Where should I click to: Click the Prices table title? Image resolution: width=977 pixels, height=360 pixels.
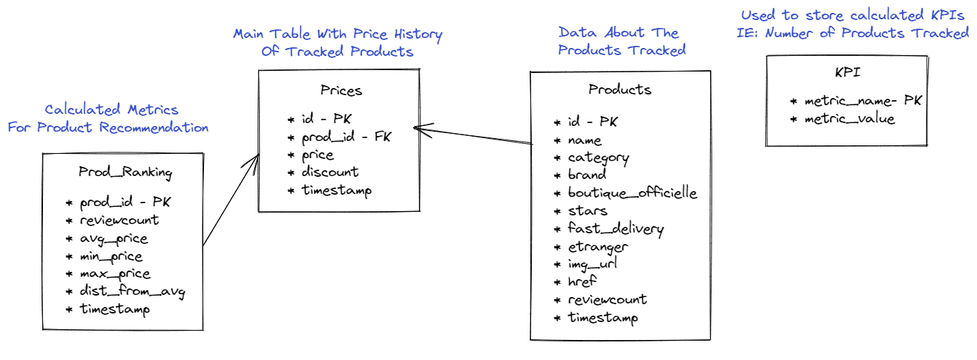(341, 90)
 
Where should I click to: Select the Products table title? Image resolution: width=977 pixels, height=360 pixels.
(619, 89)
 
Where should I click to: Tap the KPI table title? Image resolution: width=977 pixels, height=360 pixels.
(847, 72)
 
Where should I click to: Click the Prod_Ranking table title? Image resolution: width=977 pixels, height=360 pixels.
(125, 172)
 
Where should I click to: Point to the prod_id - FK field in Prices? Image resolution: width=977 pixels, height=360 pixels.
(346, 137)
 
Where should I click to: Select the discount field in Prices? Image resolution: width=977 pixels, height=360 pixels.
(330, 172)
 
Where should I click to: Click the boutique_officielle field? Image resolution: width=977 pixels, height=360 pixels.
(633, 193)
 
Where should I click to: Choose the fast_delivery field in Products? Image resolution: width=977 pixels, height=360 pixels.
(616, 228)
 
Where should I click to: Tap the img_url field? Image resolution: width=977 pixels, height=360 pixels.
(593, 264)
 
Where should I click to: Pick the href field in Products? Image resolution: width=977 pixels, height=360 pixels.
(582, 281)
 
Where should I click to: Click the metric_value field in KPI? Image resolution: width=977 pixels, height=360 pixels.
(850, 119)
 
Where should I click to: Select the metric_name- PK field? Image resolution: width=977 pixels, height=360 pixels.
(862, 101)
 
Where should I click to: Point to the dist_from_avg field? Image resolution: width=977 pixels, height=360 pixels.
(132, 291)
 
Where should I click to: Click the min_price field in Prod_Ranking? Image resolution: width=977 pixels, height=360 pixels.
(111, 257)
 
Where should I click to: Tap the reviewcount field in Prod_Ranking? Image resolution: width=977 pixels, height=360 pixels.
(119, 220)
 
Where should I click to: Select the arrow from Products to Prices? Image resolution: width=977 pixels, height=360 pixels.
(473, 135)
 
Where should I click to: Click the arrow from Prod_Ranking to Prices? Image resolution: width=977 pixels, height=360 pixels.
(231, 200)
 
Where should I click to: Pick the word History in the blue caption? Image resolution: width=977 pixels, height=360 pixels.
(418, 34)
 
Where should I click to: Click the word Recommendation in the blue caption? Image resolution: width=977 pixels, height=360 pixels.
(154, 127)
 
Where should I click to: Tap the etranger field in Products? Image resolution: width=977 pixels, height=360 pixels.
(598, 247)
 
